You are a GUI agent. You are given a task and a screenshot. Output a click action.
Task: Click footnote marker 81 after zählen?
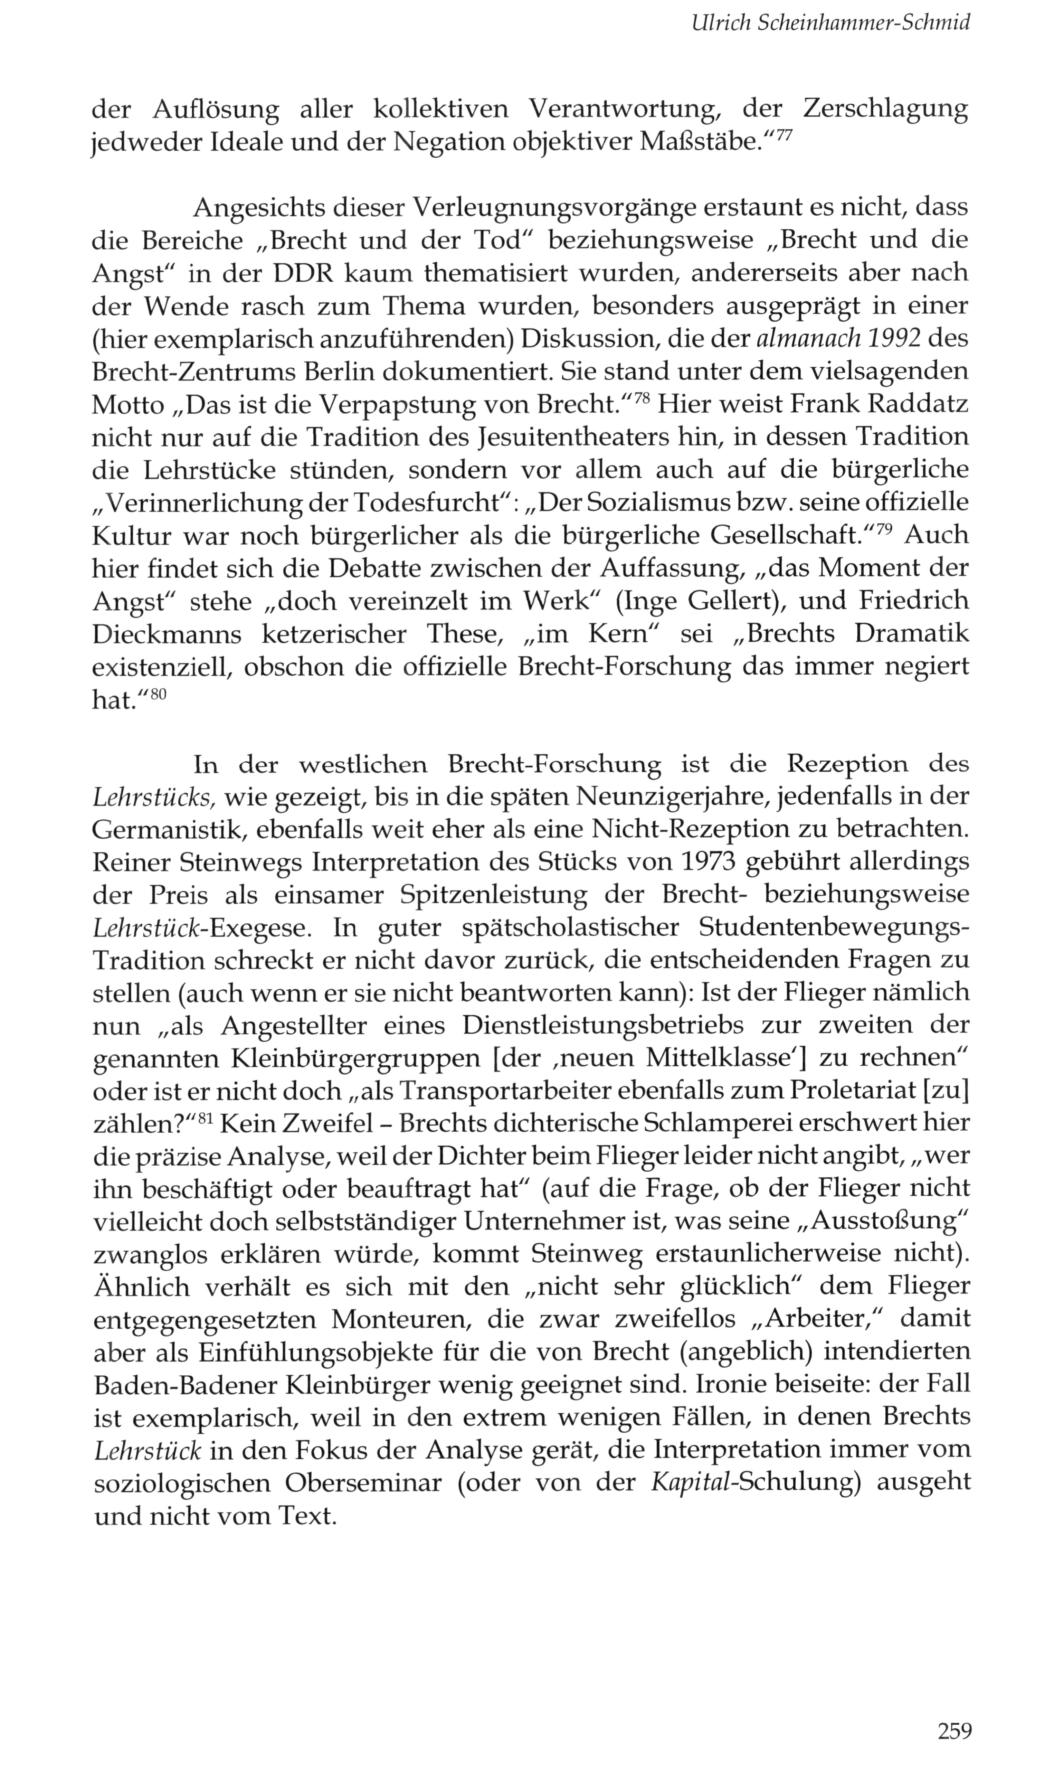point(206,1118)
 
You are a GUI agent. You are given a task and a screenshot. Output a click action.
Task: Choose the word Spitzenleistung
point(494,895)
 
